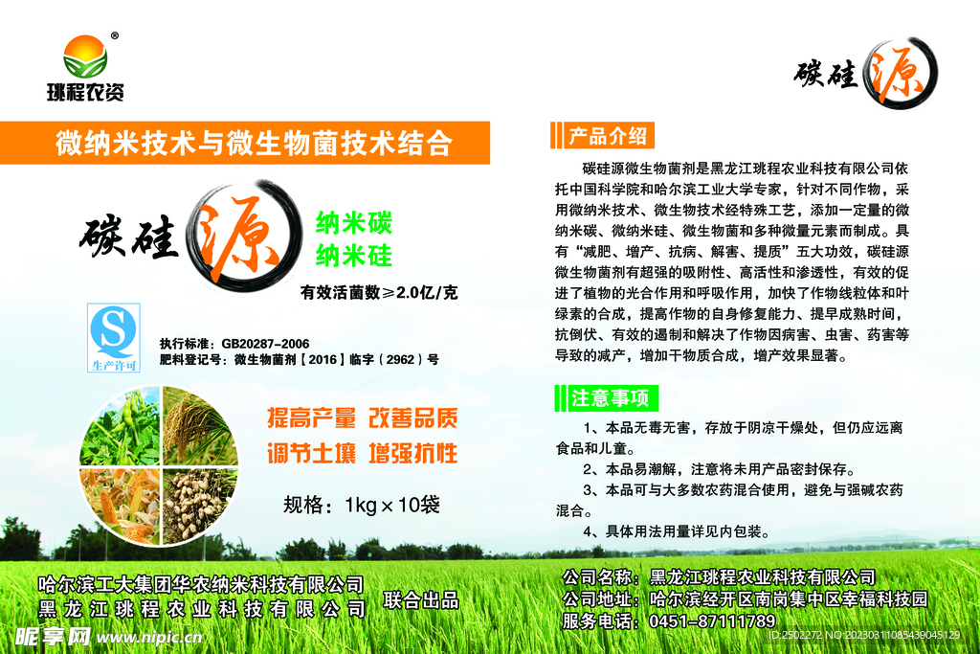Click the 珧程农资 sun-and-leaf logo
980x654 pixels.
click(x=85, y=58)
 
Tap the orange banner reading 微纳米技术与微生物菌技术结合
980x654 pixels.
click(x=253, y=144)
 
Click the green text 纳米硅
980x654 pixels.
click(x=354, y=256)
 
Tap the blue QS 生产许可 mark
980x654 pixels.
click(x=114, y=336)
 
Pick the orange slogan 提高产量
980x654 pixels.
click(x=311, y=418)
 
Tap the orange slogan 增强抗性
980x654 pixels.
click(x=413, y=453)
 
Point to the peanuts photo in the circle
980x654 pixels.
click(x=198, y=503)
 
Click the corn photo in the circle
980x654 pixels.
click(x=120, y=503)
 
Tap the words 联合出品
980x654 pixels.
click(x=421, y=601)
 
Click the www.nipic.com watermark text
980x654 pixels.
click(x=152, y=637)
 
